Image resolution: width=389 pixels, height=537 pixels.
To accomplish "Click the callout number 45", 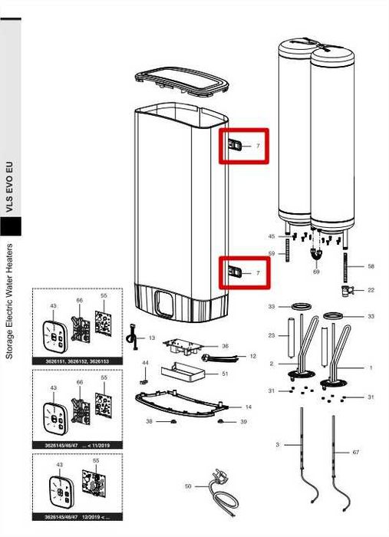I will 271,236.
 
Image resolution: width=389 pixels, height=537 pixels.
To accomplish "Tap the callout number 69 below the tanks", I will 316,272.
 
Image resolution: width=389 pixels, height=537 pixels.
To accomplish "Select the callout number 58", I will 371,266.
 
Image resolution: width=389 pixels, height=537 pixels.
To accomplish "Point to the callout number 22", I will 371,290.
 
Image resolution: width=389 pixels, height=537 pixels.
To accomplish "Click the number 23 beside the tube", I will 271,335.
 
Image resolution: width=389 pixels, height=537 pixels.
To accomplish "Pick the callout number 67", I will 355,453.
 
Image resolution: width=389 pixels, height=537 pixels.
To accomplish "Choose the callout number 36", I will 225,346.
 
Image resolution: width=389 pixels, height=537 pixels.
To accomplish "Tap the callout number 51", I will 225,374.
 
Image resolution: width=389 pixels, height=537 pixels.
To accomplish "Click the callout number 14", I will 248,406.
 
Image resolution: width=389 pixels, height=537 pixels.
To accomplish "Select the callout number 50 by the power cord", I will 188,486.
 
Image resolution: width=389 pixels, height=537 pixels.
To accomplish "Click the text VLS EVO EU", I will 9,187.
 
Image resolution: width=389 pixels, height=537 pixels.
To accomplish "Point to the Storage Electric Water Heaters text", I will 9,301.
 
